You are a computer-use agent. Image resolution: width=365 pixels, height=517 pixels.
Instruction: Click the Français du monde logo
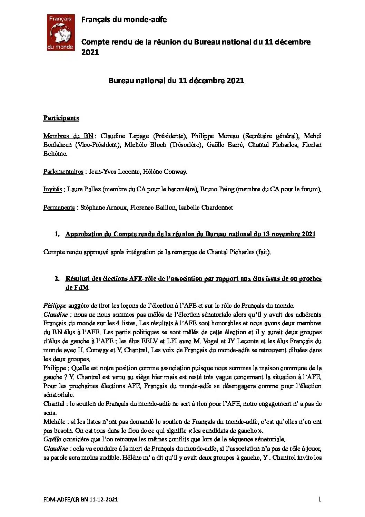coord(61,32)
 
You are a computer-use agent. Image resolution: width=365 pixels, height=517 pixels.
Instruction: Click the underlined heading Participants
coord(61,118)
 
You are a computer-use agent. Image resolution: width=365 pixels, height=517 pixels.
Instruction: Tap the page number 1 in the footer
coord(319,499)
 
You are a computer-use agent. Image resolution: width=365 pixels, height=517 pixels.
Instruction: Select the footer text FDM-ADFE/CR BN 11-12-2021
coord(81,499)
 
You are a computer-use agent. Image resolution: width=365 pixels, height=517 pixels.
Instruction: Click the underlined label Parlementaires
coord(63,172)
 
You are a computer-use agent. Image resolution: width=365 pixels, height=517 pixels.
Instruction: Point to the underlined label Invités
coord(52,189)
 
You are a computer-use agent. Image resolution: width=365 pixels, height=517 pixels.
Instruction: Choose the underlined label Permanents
coord(59,208)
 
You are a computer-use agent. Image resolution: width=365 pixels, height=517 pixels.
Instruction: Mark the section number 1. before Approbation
coord(57,234)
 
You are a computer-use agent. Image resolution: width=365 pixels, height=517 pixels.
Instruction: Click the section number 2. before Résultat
coord(57,279)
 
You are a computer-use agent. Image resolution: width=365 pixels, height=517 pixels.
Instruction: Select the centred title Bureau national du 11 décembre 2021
coord(176,80)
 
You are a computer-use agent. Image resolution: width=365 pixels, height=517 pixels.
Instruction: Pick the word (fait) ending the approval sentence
coord(263,252)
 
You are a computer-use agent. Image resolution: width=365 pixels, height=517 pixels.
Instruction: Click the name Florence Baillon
coord(152,208)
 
